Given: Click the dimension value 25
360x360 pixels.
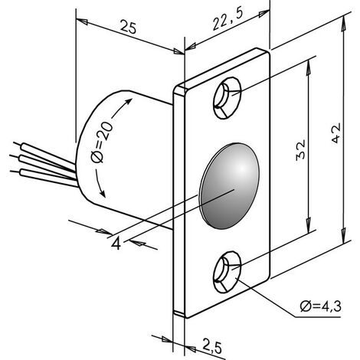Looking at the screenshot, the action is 128,27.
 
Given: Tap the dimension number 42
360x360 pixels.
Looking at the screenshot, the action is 335,133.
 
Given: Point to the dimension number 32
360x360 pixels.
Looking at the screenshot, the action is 300,149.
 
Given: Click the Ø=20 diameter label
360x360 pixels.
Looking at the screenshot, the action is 101,142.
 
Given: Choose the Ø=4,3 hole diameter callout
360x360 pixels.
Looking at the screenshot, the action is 321,306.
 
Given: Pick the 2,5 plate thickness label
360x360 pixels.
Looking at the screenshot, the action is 212,346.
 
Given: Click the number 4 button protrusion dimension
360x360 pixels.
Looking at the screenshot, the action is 116,244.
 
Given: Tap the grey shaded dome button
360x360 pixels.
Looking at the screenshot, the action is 229,186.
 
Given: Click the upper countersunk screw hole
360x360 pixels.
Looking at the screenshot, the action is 227,98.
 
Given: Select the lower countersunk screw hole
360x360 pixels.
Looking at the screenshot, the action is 227,272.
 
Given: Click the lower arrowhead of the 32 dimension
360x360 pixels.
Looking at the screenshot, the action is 309,224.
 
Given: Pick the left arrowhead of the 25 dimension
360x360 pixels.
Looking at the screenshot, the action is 82,21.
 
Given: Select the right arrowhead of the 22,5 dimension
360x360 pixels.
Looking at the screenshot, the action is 264,14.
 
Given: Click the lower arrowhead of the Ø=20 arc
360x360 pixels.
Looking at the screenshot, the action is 102,193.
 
